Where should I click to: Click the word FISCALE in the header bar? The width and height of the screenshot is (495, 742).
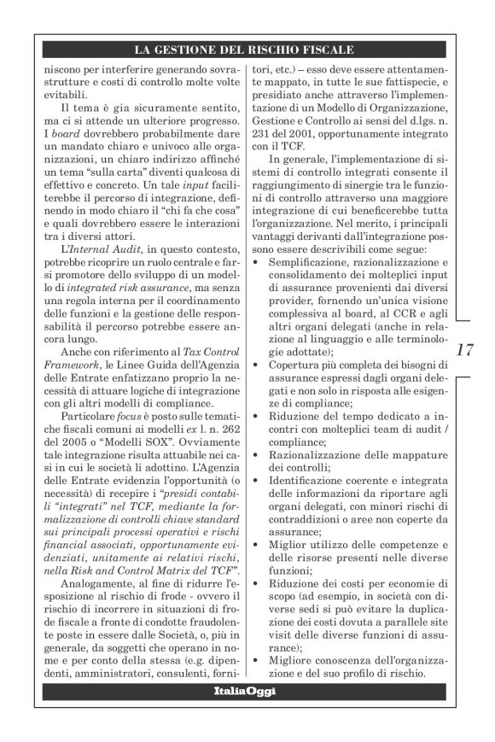click(x=325, y=50)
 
